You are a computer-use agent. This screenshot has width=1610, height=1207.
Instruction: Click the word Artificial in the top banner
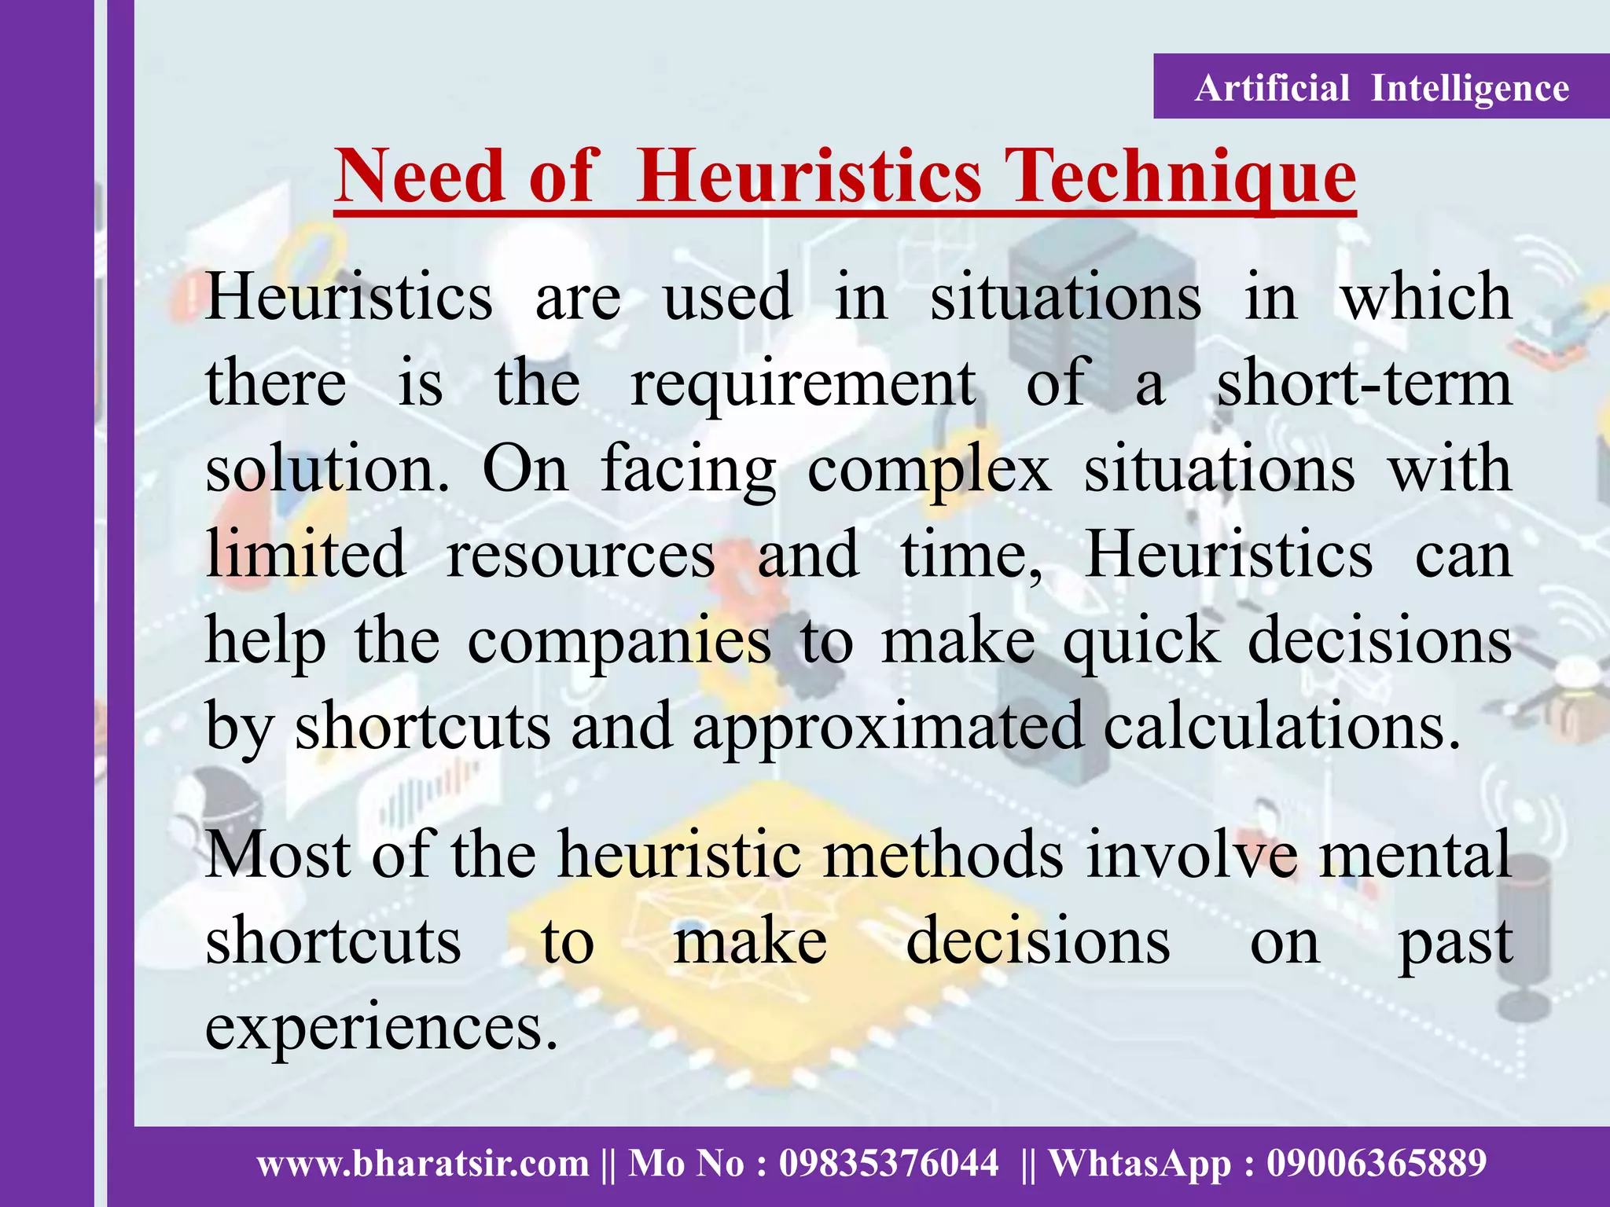1272,88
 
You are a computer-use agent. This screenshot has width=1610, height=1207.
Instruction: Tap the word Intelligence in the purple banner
1470,88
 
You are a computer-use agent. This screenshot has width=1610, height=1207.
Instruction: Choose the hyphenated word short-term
1365,383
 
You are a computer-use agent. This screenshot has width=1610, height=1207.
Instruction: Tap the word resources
581,555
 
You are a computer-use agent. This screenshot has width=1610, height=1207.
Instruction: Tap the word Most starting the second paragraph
278,854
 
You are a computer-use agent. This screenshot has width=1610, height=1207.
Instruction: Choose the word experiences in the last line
381,1027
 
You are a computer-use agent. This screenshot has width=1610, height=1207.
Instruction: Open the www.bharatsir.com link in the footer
423,1163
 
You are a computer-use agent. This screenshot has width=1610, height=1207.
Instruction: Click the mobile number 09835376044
888,1163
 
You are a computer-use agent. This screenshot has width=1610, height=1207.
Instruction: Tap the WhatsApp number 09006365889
1377,1163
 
